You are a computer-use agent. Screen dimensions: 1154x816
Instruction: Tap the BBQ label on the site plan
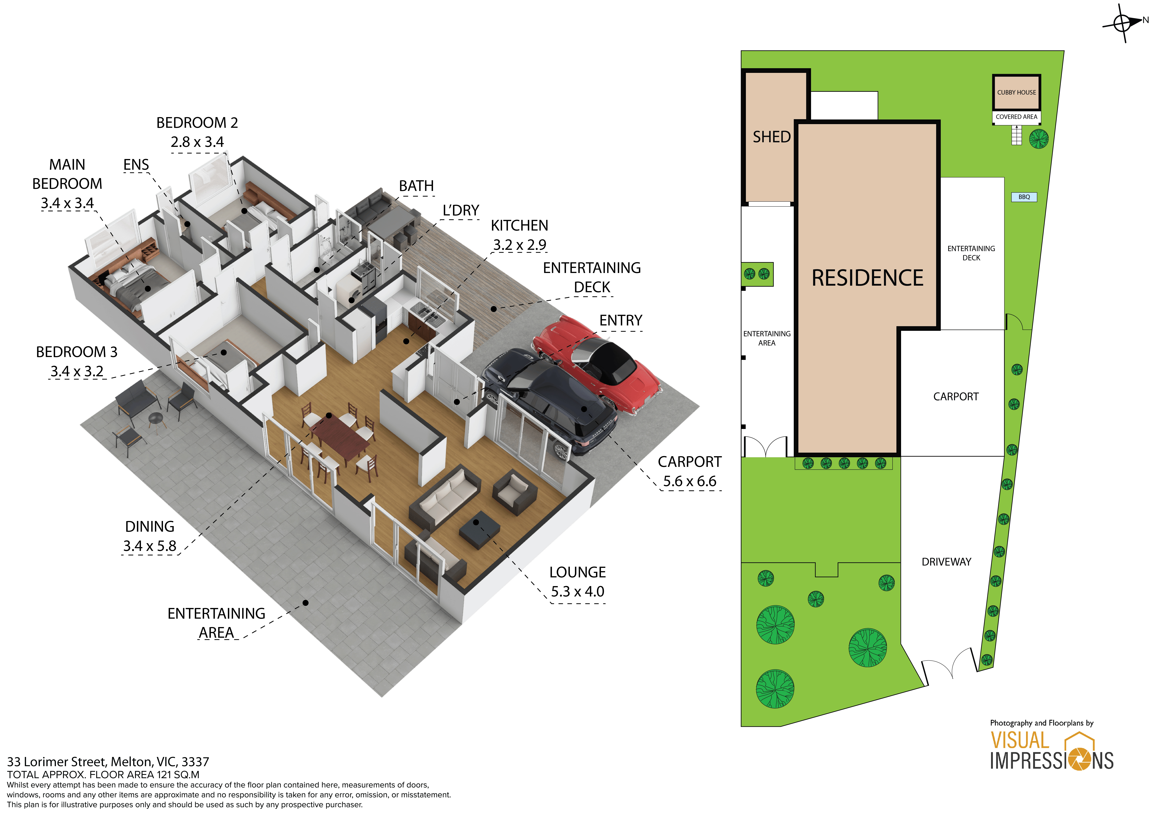click(x=1024, y=197)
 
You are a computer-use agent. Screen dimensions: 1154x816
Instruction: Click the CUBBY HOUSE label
click(x=1016, y=92)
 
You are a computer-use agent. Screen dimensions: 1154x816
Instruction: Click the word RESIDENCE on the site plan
click(x=868, y=278)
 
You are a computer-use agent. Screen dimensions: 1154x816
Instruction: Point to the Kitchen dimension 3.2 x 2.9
click(x=520, y=245)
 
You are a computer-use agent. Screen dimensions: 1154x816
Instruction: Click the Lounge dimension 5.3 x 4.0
click(x=578, y=591)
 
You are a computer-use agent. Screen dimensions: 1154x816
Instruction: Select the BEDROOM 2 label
click(x=197, y=123)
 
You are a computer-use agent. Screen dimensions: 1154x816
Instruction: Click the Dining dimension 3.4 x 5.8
click(x=150, y=546)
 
